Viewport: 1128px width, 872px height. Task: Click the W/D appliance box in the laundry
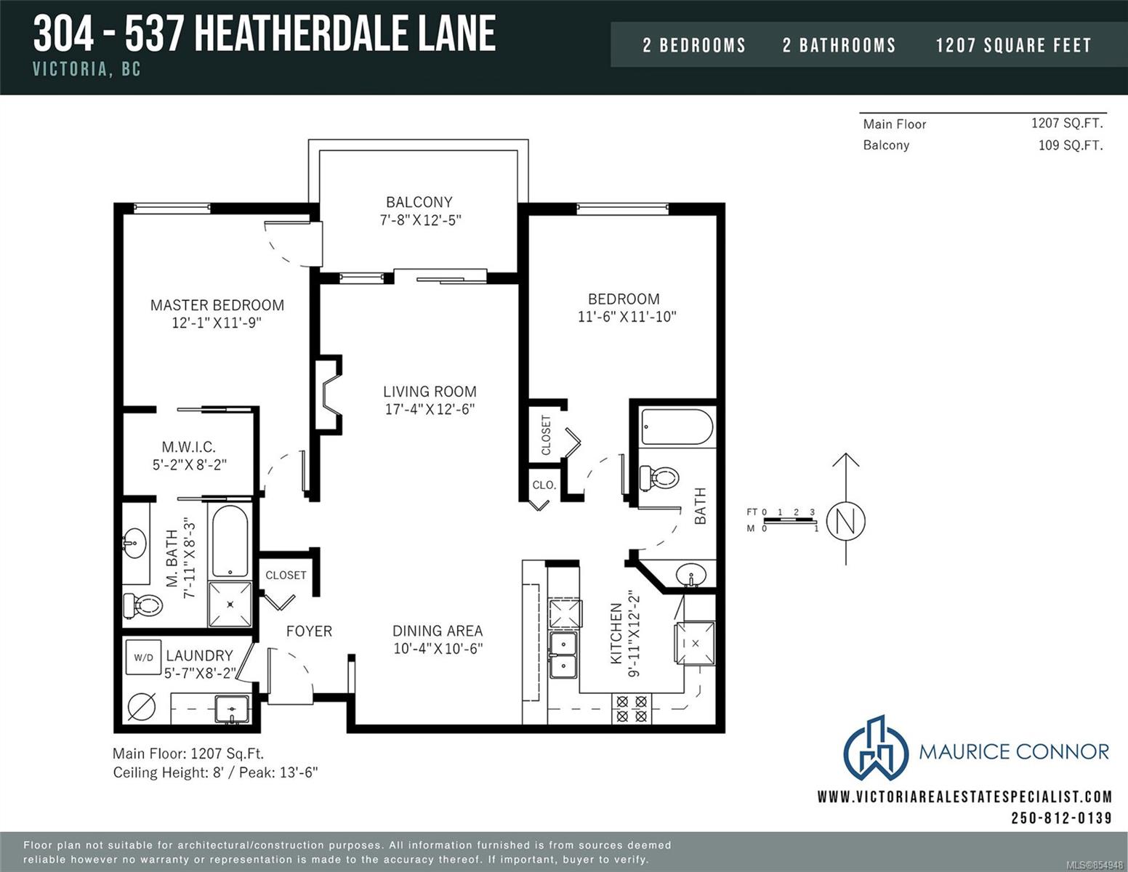pyautogui.click(x=143, y=658)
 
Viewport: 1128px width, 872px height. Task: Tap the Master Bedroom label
pyautogui.click(x=217, y=305)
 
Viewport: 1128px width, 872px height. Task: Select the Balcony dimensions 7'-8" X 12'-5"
pyautogui.click(x=420, y=220)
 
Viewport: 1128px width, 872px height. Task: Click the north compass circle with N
pyautogui.click(x=845, y=521)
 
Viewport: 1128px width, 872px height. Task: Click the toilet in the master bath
pyautogui.click(x=142, y=605)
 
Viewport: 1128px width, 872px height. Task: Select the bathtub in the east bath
pyautogui.click(x=677, y=427)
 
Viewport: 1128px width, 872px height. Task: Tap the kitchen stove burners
pyautogui.click(x=631, y=709)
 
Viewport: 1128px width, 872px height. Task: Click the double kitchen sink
pyautogui.click(x=563, y=654)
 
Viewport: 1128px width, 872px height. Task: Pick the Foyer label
pyautogui.click(x=309, y=631)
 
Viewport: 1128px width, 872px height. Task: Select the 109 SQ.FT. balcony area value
pyautogui.click(x=1070, y=145)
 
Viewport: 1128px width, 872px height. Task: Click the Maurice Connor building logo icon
pyautogui.click(x=875, y=748)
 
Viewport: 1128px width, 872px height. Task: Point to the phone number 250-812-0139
pyautogui.click(x=1061, y=818)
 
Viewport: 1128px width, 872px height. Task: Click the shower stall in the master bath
pyautogui.click(x=230, y=603)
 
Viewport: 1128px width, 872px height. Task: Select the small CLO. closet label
pyautogui.click(x=544, y=485)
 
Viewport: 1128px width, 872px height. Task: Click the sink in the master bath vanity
pyautogui.click(x=134, y=542)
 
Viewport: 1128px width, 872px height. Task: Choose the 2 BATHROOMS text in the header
pyautogui.click(x=839, y=46)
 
